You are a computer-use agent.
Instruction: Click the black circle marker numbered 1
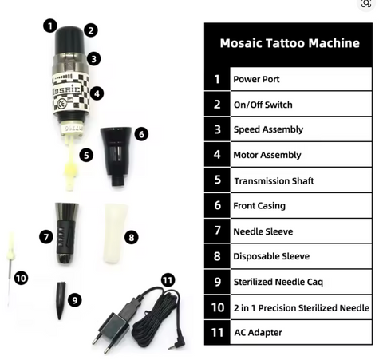[x=50, y=24]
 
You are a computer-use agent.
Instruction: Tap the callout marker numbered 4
[x=97, y=93]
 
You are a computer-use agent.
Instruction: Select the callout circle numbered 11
[x=168, y=279]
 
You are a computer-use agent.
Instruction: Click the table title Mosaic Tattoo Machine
[x=289, y=43]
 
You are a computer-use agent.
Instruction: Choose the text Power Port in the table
[x=256, y=80]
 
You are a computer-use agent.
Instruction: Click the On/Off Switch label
[x=262, y=105]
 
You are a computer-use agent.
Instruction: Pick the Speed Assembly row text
[x=267, y=129]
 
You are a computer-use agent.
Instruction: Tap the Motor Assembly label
[x=267, y=155]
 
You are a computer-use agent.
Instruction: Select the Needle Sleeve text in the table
[x=262, y=231]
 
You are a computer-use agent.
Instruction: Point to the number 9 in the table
[x=216, y=282]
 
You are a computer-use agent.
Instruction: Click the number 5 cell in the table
[x=216, y=180]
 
